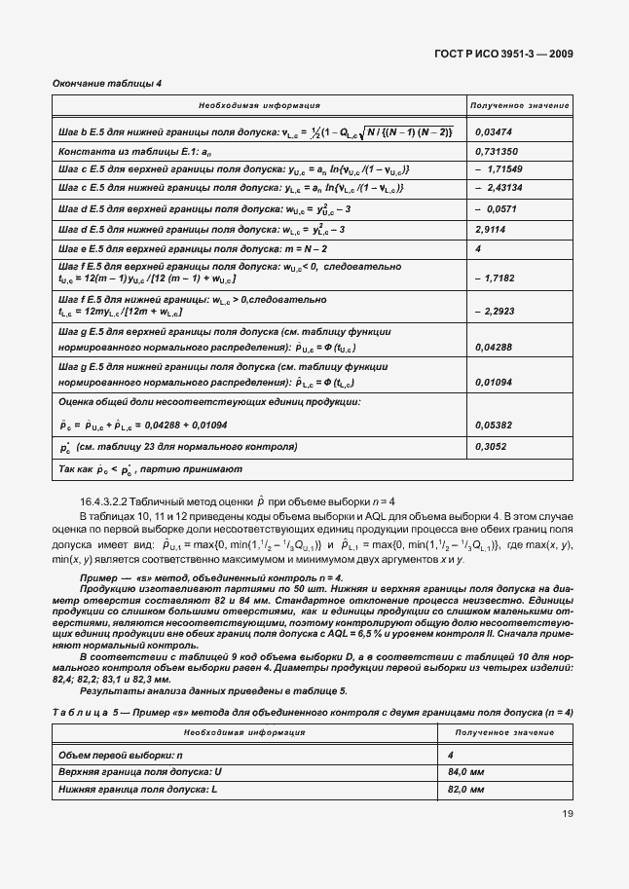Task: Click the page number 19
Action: (x=566, y=814)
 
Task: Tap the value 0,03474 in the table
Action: (x=494, y=131)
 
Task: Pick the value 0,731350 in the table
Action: (x=496, y=152)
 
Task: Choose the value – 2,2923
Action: (x=496, y=312)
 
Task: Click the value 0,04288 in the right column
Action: (x=494, y=346)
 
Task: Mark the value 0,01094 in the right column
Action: (x=494, y=383)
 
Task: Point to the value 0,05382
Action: (x=494, y=426)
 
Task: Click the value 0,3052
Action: (x=490, y=447)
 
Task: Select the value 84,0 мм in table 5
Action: (x=493, y=772)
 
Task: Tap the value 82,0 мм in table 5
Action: (x=493, y=790)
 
